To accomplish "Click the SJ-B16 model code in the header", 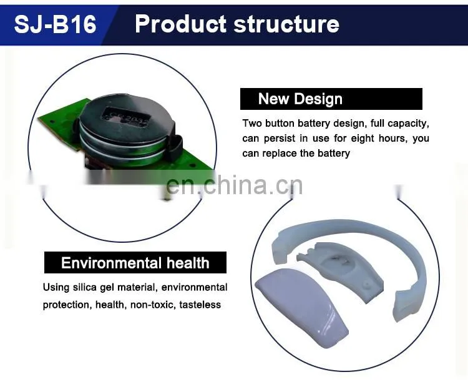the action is tap(55, 24).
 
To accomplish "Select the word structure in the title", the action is tap(286, 24).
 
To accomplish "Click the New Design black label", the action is tap(331, 99).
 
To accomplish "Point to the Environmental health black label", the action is tap(135, 263).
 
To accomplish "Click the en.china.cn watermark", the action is tap(234, 185).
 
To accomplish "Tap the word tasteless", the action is tap(200, 305).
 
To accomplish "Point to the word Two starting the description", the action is tap(252, 123).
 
